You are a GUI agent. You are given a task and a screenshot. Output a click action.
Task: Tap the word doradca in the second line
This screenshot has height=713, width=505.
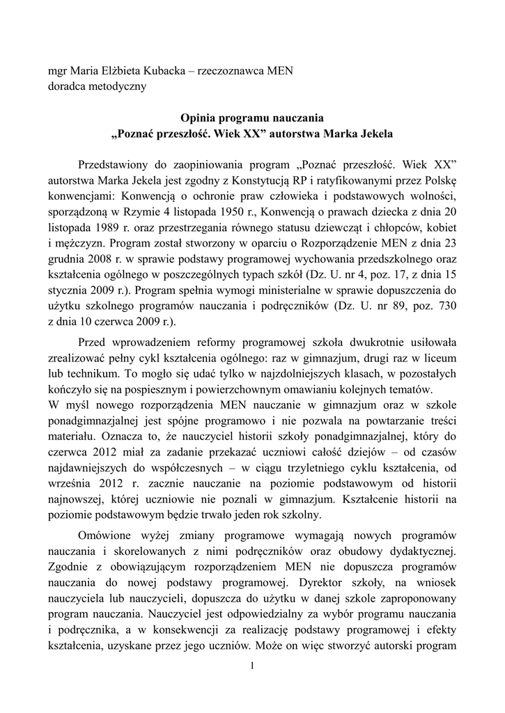click(x=65, y=86)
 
